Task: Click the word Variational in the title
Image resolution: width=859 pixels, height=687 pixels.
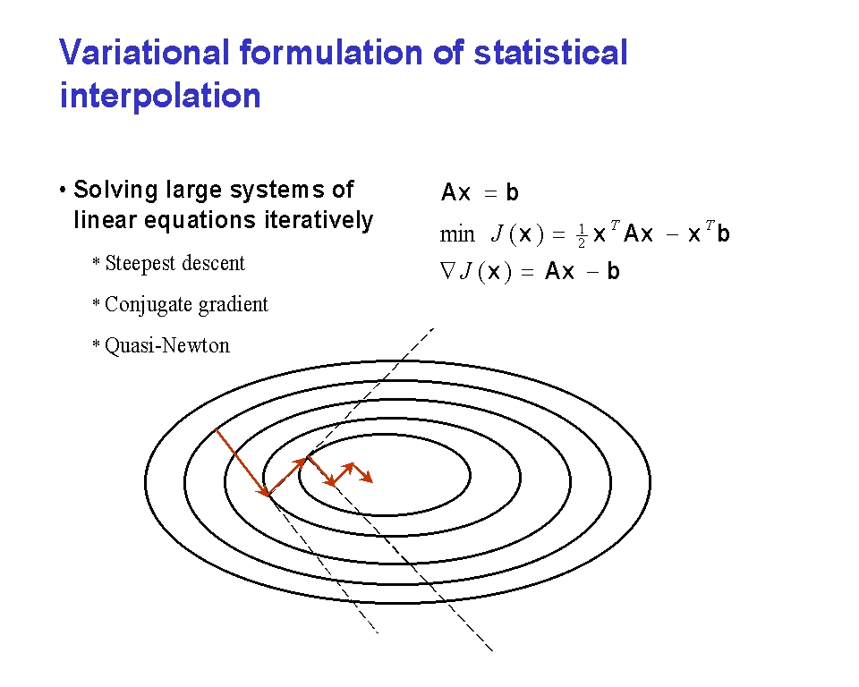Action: pos(144,53)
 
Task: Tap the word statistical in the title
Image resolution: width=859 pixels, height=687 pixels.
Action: pos(550,53)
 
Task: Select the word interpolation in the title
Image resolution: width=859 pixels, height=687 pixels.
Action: pos(160,97)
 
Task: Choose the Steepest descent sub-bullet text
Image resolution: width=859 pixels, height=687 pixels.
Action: pos(174,264)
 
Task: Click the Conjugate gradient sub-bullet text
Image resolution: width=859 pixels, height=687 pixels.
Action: pos(186,305)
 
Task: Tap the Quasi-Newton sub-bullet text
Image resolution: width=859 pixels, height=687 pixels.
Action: pos(167,345)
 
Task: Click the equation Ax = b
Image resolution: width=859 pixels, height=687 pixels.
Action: pos(480,192)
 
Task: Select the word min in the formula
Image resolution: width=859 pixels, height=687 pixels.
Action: pos(457,235)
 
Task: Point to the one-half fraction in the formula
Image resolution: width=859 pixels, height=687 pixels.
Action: pos(582,236)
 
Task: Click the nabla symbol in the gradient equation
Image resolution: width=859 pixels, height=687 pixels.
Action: pos(447,271)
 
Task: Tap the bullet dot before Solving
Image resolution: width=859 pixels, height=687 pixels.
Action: pos(63,191)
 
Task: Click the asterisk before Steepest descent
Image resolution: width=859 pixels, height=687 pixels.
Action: pos(96,262)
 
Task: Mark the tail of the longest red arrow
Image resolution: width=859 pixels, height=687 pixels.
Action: pos(217,430)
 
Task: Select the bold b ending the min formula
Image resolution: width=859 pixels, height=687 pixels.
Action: pos(723,234)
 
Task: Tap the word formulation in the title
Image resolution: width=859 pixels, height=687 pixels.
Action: pos(331,53)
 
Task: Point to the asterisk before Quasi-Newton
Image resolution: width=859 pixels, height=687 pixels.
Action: pos(96,344)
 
